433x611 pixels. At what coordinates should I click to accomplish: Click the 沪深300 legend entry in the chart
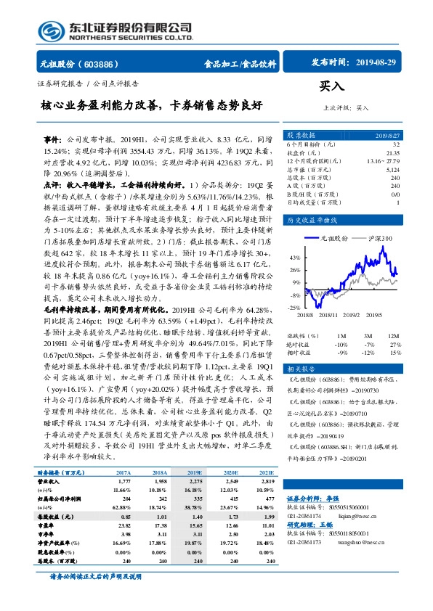382,238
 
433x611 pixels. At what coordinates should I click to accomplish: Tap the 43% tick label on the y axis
296,258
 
